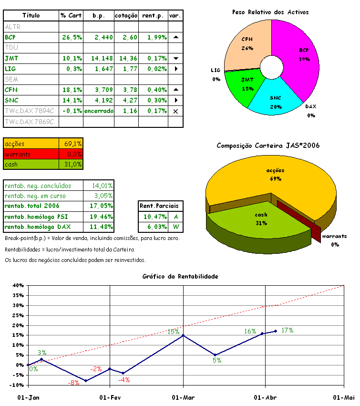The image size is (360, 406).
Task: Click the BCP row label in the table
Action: pos(10,37)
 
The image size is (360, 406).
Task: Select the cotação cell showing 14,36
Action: pos(126,58)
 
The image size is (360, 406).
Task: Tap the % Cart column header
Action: pos(71,16)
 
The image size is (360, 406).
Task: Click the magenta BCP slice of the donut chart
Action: pos(298,57)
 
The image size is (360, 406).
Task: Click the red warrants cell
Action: pos(31,154)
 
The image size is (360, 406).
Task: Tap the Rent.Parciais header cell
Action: pos(159,206)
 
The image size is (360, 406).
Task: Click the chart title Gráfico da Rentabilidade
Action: pos(180,276)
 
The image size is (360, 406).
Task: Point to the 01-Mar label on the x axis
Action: pos(183,397)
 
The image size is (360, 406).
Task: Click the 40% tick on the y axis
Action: pos(18,285)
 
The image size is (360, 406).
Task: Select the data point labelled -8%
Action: pos(86,381)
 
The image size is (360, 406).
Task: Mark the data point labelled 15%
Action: pos(184,335)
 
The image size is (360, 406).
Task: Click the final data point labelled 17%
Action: pos(275,331)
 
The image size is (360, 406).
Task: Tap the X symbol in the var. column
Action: pos(175,111)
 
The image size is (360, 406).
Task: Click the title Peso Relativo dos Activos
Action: pos(270,12)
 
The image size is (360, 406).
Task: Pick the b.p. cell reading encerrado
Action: pos(99,111)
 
